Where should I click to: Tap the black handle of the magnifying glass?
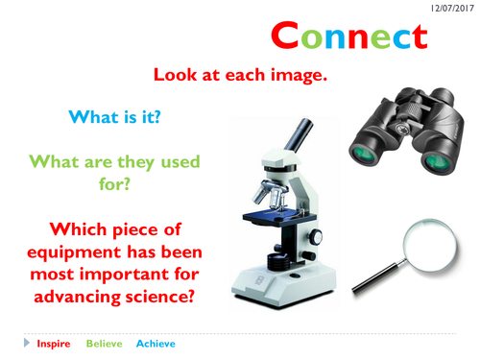371,279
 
